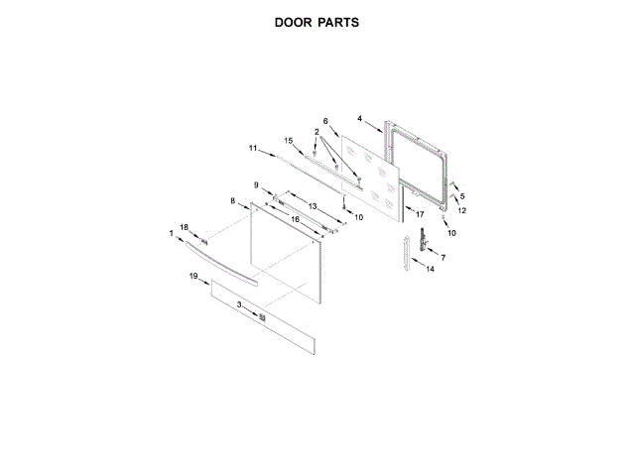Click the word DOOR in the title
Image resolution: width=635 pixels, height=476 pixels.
(295, 21)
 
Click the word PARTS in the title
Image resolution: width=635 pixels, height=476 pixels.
(338, 21)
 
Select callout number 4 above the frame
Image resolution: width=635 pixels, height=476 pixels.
(360, 118)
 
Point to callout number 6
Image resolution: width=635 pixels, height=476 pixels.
(324, 121)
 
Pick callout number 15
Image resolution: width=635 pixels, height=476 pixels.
(289, 140)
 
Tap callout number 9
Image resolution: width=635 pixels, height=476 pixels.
(255, 185)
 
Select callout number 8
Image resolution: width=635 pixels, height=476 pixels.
(233, 201)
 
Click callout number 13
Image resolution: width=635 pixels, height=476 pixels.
(312, 205)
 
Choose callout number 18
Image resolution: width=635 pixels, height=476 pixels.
(184, 227)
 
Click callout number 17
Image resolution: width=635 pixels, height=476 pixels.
(420, 214)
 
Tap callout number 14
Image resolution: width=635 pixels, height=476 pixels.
(430, 269)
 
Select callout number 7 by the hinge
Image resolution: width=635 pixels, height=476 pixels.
(443, 258)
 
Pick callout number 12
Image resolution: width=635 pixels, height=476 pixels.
(461, 211)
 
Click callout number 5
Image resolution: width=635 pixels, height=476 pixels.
(461, 196)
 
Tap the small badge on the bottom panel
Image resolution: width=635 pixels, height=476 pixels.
(261, 317)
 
